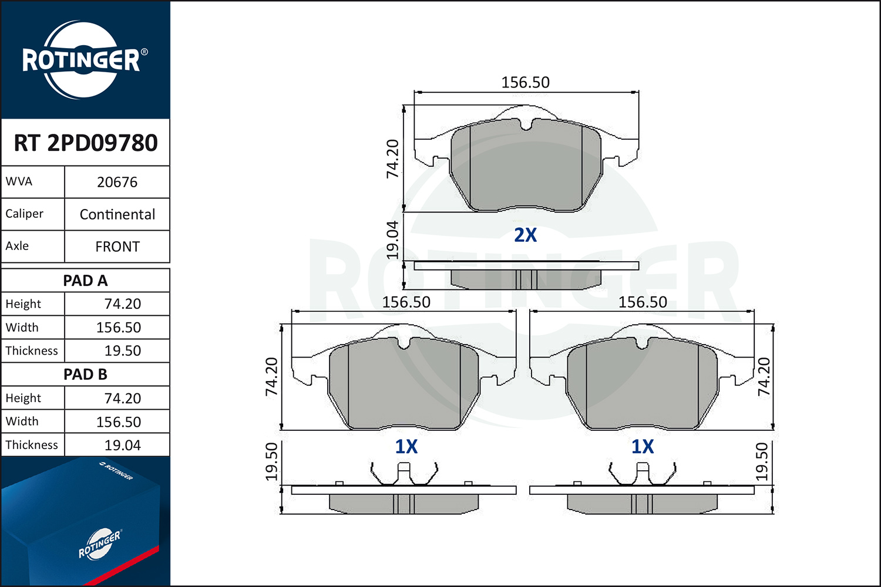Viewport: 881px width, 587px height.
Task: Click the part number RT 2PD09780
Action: click(85, 143)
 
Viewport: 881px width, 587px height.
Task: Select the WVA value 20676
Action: click(117, 183)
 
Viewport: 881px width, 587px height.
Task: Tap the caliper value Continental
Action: click(117, 215)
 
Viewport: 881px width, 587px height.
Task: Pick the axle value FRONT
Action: click(117, 247)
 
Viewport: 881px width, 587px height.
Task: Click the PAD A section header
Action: click(85, 281)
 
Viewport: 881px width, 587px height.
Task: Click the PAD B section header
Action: click(85, 375)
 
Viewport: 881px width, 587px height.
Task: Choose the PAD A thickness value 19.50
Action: click(122, 350)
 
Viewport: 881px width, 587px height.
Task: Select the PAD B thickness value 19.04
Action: click(122, 446)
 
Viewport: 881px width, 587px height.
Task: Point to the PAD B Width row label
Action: click(22, 421)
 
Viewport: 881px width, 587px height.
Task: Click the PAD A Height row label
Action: click(23, 304)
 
